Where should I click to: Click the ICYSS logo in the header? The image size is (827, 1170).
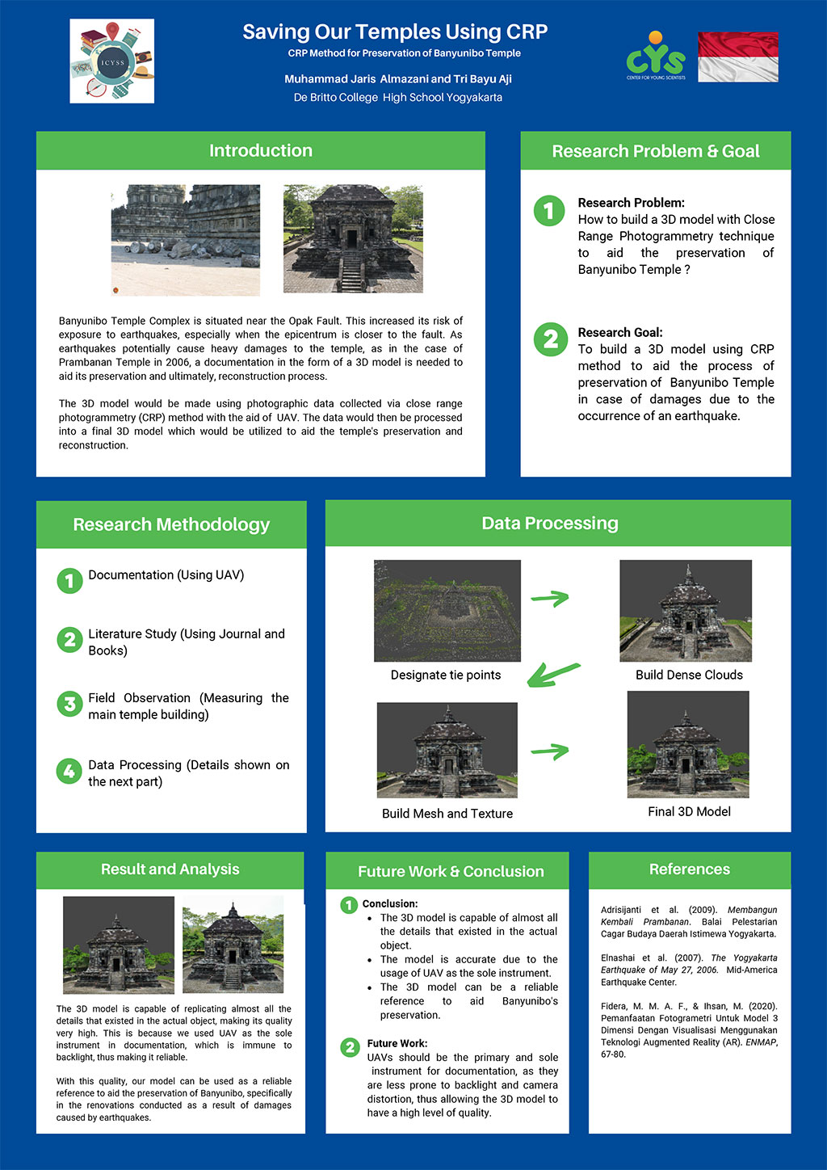coord(111,61)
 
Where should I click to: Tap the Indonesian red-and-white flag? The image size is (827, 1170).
coord(737,57)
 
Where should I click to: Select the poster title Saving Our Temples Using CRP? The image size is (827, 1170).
coord(395,32)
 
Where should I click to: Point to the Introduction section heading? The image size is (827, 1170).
coord(260,151)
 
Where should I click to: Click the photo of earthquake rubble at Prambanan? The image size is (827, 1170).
coord(186,239)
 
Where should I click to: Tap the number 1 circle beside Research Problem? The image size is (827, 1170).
coord(549,211)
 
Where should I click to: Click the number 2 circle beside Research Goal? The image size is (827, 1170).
coord(550,339)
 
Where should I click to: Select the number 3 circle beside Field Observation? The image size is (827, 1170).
coord(69,704)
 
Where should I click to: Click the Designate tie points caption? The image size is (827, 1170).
coord(446,675)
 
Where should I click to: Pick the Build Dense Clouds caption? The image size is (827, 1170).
coord(689,675)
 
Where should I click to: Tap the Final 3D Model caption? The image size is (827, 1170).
coord(689,811)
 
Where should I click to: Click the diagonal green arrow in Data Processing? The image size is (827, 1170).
coord(553,674)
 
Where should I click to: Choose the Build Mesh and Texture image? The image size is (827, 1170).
coord(447,750)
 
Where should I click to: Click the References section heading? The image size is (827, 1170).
coord(689,869)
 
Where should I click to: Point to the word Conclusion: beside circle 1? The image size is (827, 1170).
coord(390,903)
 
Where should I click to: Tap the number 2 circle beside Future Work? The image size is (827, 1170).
coord(350,1048)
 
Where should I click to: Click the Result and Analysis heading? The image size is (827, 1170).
coord(170,869)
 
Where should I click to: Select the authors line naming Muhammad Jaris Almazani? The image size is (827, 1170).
coord(397,79)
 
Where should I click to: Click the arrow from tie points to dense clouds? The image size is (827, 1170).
coord(549,599)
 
